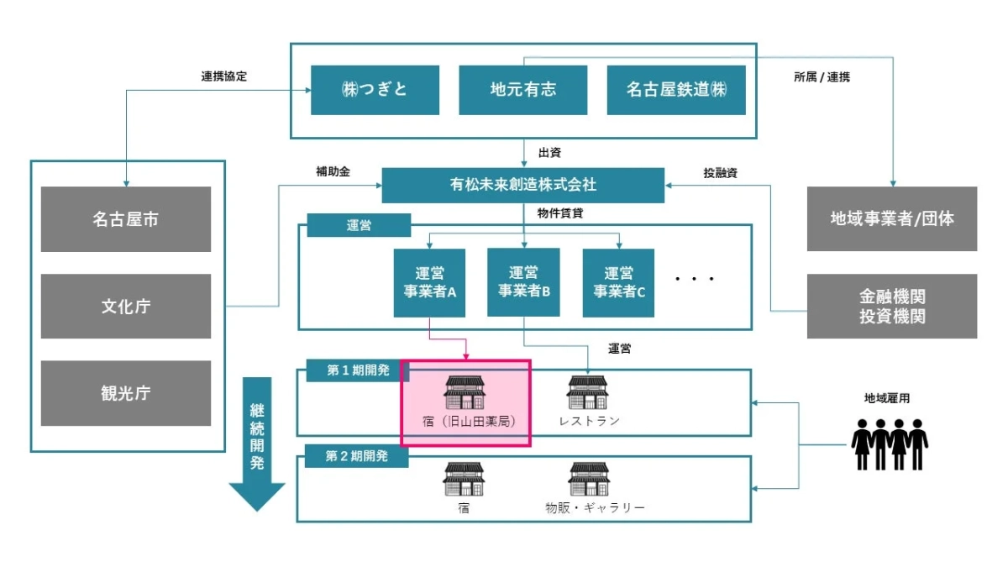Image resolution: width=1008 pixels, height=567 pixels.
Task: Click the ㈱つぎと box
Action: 375,90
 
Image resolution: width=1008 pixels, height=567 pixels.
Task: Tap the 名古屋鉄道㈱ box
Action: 676,90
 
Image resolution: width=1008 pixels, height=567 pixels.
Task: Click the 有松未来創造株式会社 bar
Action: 522,185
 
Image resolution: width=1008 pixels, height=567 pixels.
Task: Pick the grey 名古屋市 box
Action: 126,219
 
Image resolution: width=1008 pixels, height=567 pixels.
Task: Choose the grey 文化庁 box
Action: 126,306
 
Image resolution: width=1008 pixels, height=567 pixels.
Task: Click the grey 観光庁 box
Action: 126,393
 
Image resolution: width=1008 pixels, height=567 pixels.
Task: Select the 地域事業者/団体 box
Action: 892,218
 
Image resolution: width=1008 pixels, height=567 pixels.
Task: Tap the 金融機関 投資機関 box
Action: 892,306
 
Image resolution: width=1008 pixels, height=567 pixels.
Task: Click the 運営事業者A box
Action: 429,282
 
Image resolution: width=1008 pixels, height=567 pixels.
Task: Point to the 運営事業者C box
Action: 619,282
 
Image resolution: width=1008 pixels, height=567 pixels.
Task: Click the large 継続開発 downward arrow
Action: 257,445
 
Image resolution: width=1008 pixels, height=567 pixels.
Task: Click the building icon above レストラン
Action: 588,392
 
